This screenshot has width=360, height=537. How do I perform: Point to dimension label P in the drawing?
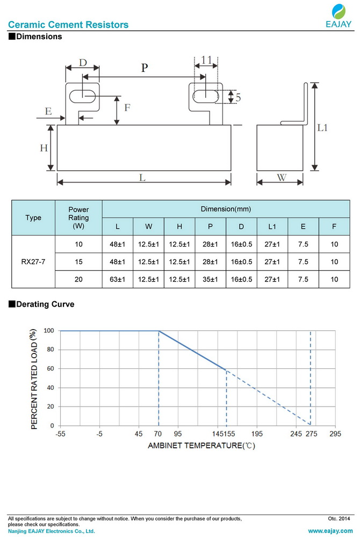pyautogui.click(x=144, y=68)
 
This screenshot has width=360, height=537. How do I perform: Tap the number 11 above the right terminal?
pyautogui.click(x=206, y=60)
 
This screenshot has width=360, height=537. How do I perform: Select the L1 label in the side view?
pyautogui.click(x=323, y=128)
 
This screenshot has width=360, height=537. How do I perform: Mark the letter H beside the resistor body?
pyautogui.click(x=44, y=148)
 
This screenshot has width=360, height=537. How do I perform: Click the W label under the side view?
pyautogui.click(x=281, y=177)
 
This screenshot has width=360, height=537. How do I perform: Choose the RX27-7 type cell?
pyautogui.click(x=33, y=262)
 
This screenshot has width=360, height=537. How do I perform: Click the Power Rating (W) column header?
pyautogui.click(x=78, y=218)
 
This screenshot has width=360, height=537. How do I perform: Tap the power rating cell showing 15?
pyautogui.click(x=78, y=262)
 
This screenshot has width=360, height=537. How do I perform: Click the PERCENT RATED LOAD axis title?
pyautogui.click(x=33, y=379)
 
